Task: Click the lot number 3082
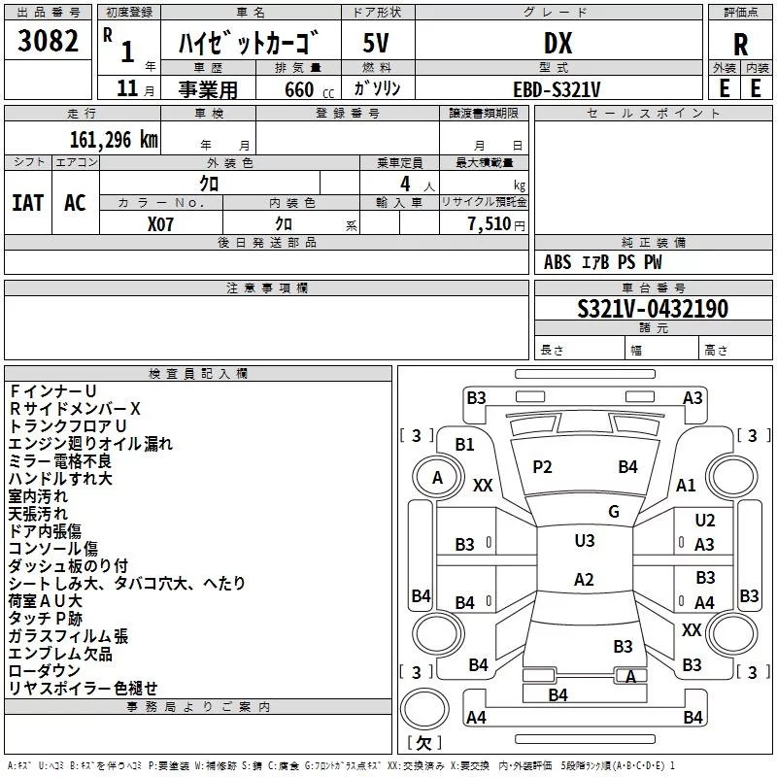[x=48, y=41]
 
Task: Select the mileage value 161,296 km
[x=114, y=140]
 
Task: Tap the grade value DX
[x=557, y=43]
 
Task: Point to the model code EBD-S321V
[x=557, y=89]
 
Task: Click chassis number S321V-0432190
[x=653, y=309]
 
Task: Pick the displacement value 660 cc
[x=309, y=89]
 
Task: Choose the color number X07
[x=160, y=224]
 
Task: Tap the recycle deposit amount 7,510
[x=490, y=224]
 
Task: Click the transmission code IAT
[x=27, y=203]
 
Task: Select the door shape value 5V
[x=376, y=43]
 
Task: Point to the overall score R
[x=740, y=45]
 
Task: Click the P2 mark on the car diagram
[x=542, y=467]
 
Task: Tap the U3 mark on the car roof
[x=585, y=540]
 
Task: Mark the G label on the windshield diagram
[x=614, y=511]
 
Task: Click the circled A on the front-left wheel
[x=437, y=478]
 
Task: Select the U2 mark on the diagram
[x=705, y=520]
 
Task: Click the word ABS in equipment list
[x=557, y=262]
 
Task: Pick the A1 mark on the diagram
[x=686, y=485]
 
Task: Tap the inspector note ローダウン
[x=44, y=670]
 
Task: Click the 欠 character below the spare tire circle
[x=423, y=742]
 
